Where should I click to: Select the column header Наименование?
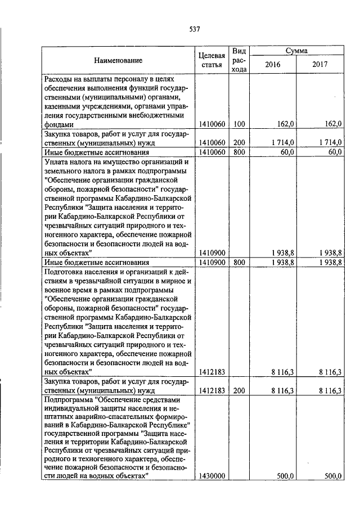tap(118, 60)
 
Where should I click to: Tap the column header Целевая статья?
tap(212, 60)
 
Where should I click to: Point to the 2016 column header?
tap(272, 64)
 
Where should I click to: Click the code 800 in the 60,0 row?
tap(240, 152)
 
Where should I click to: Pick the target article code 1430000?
tap(212, 476)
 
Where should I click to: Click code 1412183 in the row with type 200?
tap(212, 390)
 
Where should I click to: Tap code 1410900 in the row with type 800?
tap(212, 262)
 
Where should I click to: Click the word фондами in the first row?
tap(58, 124)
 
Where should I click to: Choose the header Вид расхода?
tap(240, 60)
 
